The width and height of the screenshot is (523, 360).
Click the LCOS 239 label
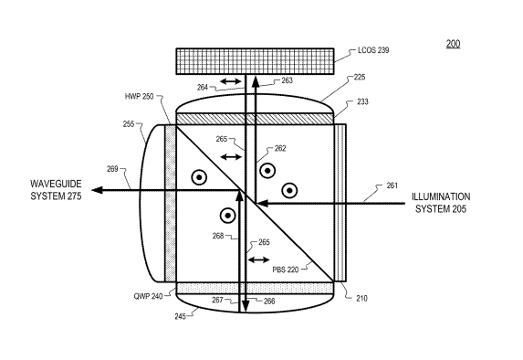click(373, 50)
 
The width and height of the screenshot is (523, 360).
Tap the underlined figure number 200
click(454, 44)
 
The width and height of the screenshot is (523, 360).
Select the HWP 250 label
click(139, 97)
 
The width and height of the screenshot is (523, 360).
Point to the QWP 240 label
click(148, 296)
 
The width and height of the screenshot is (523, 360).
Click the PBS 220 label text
click(286, 270)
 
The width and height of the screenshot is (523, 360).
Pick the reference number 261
click(392, 185)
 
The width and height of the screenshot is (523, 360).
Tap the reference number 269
click(113, 169)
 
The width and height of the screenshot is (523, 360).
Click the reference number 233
click(362, 101)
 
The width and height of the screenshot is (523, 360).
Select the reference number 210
click(361, 298)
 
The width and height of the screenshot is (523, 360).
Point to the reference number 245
click(181, 316)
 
